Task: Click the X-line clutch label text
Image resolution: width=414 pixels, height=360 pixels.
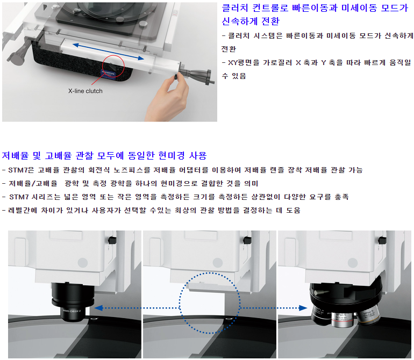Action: coord(85,91)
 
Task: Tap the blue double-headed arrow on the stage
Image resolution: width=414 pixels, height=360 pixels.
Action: coord(108,52)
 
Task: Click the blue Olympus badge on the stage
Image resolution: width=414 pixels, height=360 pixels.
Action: coord(109,73)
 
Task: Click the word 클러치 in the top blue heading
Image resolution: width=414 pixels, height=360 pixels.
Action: coord(235,8)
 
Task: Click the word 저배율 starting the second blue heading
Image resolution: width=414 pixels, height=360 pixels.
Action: coord(15,156)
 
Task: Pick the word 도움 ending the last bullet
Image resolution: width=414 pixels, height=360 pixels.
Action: coord(294,210)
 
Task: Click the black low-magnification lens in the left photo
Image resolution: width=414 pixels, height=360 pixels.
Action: coord(73,301)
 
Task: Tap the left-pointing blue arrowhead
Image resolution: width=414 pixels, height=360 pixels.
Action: coord(98,308)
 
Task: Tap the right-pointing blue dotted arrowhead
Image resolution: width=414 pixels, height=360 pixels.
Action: coord(303,308)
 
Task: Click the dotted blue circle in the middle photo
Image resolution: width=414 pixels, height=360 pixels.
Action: coord(180,303)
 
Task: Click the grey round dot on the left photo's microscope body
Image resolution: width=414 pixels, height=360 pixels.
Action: coord(83,263)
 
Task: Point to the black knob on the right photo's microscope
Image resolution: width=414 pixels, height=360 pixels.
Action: coord(382,240)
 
